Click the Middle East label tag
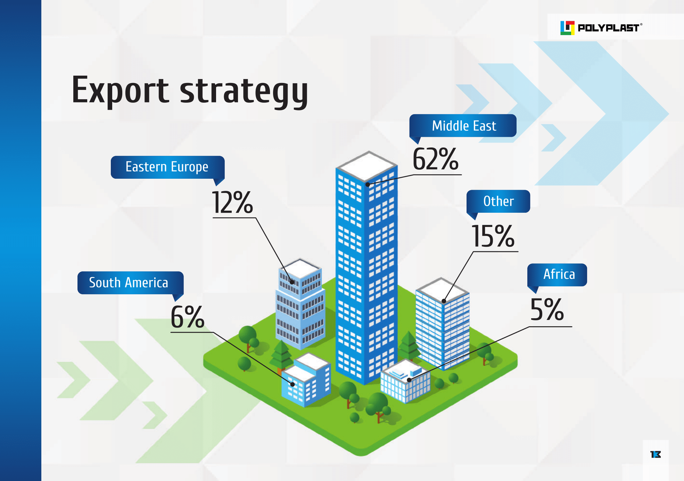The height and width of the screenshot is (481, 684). (x=463, y=126)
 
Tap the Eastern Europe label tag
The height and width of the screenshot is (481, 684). (x=167, y=167)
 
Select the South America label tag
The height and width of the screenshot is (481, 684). (x=130, y=282)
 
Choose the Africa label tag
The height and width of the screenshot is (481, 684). (x=557, y=275)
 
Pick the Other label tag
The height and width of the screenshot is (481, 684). (x=498, y=201)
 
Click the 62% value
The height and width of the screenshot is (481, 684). (x=436, y=159)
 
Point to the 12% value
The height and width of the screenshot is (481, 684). (x=232, y=202)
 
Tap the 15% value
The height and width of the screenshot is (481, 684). (x=493, y=236)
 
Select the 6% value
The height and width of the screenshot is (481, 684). (x=187, y=317)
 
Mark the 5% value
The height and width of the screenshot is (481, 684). (x=547, y=310)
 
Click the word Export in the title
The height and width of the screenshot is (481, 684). (x=120, y=90)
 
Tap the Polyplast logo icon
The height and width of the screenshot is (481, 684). (x=567, y=28)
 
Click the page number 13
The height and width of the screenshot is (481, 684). (x=656, y=454)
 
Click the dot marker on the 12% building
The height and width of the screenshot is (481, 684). (x=292, y=282)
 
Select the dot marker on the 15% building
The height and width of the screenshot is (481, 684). (x=444, y=301)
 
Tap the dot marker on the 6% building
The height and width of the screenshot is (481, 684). (x=292, y=384)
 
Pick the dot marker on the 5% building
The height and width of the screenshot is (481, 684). (x=409, y=380)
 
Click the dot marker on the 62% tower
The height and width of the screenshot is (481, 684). (x=368, y=185)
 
